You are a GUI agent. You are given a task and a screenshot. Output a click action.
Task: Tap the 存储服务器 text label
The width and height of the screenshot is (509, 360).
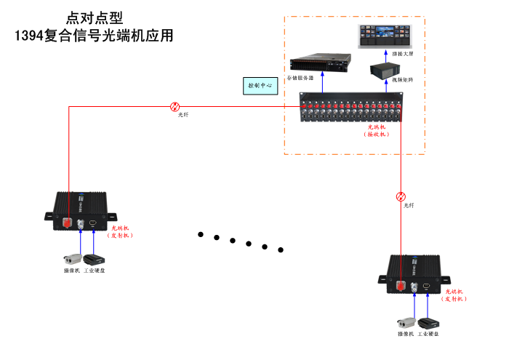tap(300, 78)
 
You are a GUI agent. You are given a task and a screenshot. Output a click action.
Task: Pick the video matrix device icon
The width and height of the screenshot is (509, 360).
tap(385, 71)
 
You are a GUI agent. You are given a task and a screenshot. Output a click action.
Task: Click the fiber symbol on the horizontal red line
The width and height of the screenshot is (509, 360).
tap(175, 106)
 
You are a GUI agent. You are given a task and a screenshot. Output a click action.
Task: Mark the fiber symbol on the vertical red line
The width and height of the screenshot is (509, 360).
tap(401, 196)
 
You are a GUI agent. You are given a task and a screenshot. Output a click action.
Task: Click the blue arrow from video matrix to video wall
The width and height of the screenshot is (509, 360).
tap(384, 56)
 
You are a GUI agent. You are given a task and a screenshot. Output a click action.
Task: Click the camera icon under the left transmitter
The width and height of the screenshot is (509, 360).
tap(72, 259)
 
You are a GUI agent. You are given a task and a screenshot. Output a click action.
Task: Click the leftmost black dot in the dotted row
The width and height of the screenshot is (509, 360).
tap(201, 234)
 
